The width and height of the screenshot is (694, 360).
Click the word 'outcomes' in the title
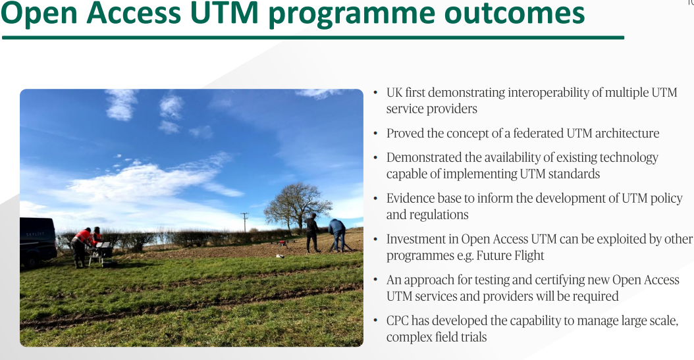pos(514,13)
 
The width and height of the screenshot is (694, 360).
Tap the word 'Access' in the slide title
pos(134,13)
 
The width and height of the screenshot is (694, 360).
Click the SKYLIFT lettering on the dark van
pos(35,234)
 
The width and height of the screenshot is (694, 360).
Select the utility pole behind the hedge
pos(244,222)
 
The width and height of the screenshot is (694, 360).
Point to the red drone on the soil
pos(281,242)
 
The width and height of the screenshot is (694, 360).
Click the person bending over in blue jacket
pos(338,234)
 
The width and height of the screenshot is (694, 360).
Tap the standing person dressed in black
pos(312,233)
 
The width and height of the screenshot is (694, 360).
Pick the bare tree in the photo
pos(298,205)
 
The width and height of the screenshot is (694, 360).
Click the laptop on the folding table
pos(105,245)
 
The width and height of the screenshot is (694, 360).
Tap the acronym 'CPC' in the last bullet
pos(397,321)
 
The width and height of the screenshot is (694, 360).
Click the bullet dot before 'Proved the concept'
pos(376,134)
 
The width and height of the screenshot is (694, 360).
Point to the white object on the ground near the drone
pos(279,256)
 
